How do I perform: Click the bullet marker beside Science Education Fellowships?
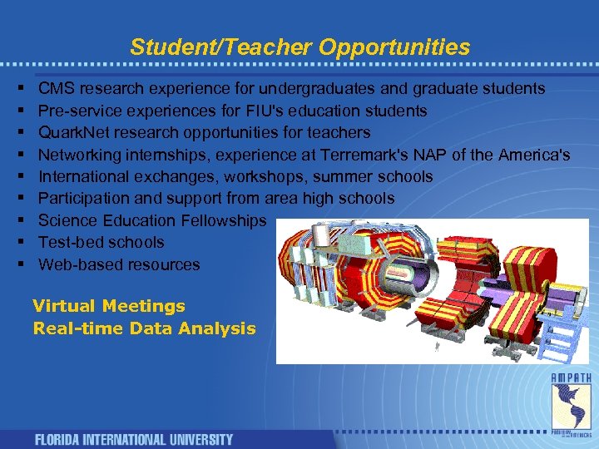tap(19, 220)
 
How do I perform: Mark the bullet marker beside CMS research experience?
tap(19, 89)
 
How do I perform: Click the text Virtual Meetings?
tap(109, 306)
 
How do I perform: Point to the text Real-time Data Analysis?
tap(144, 328)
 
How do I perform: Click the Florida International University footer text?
tap(133, 439)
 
